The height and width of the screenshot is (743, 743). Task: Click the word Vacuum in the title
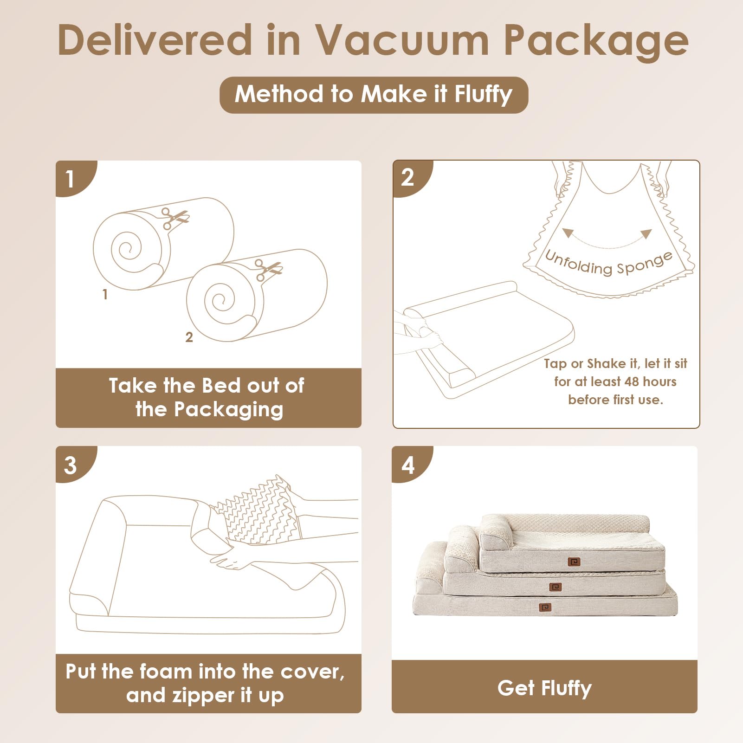[402, 40]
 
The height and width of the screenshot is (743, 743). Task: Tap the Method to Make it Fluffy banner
[374, 95]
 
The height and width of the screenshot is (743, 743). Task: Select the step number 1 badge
[74, 179]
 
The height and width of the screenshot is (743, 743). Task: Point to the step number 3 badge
[74, 465]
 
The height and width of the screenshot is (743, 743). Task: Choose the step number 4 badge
[410, 465]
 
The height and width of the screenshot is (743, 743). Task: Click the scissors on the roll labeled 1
[174, 218]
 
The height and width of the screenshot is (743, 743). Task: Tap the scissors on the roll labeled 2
[268, 270]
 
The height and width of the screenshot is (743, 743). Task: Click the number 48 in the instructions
[632, 381]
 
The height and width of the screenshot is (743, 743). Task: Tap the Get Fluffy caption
[544, 688]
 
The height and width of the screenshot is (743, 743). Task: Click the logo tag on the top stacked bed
[574, 562]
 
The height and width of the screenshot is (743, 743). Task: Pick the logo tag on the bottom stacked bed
[545, 607]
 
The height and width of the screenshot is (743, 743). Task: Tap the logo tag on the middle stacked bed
[556, 587]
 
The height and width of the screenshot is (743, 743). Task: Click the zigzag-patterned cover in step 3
[258, 511]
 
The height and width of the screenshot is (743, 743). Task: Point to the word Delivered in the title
[155, 40]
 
